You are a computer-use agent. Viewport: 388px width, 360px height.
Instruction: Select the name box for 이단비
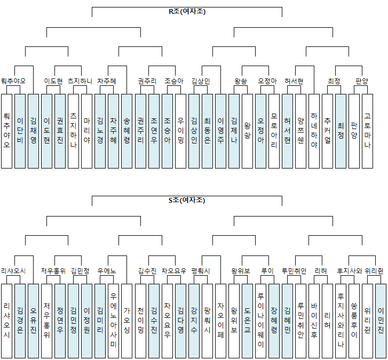tap(20, 131)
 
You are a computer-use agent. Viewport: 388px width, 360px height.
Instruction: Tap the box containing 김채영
tap(33, 131)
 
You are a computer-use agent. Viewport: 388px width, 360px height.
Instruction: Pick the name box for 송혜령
tap(126, 131)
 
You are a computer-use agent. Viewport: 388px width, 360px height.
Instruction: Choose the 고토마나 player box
tap(367, 131)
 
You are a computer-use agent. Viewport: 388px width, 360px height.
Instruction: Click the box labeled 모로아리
tap(273, 131)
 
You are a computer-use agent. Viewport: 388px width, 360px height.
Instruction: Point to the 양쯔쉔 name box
tap(300, 131)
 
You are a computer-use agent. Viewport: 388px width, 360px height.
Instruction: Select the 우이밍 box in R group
tap(180, 131)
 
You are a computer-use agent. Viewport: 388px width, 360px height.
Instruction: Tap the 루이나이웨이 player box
tap(260, 320)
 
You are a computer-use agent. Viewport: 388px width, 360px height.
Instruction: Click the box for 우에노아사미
tap(113, 320)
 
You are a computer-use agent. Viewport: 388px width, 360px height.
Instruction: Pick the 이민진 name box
tap(380, 320)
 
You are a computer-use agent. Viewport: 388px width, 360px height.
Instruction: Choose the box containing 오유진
tap(33, 320)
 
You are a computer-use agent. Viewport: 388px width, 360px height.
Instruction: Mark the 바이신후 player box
tap(313, 320)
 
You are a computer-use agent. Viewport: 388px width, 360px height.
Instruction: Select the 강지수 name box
tap(193, 320)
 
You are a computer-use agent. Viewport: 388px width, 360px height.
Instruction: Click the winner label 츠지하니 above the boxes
tap(80, 81)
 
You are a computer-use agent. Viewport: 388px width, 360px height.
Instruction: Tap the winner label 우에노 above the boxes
tap(106, 270)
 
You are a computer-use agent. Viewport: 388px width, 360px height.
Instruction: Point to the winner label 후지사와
tap(350, 270)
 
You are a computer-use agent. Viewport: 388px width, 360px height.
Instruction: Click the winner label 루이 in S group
tap(267, 270)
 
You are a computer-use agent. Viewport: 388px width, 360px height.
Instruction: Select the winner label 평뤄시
tap(201, 270)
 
